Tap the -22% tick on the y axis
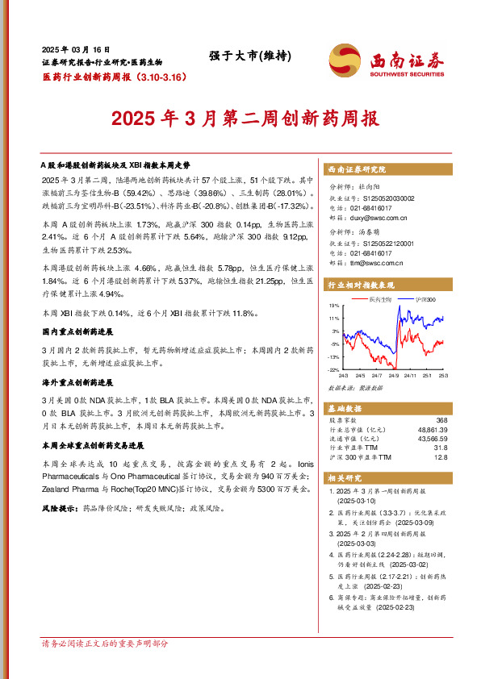coord(333,369)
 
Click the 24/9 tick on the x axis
coord(394,375)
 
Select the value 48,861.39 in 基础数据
coord(429,430)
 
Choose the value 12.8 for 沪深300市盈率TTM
coord(439,457)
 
